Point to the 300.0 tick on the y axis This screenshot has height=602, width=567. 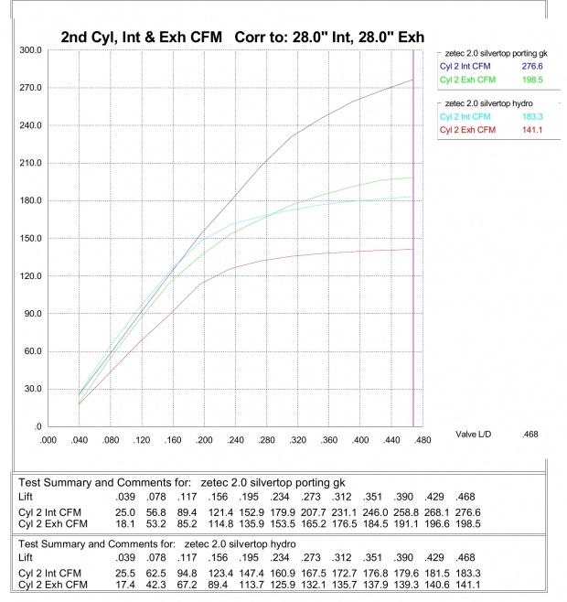click(x=31, y=50)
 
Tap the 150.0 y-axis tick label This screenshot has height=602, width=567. click(x=31, y=239)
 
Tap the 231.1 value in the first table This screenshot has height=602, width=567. click(x=348, y=511)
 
